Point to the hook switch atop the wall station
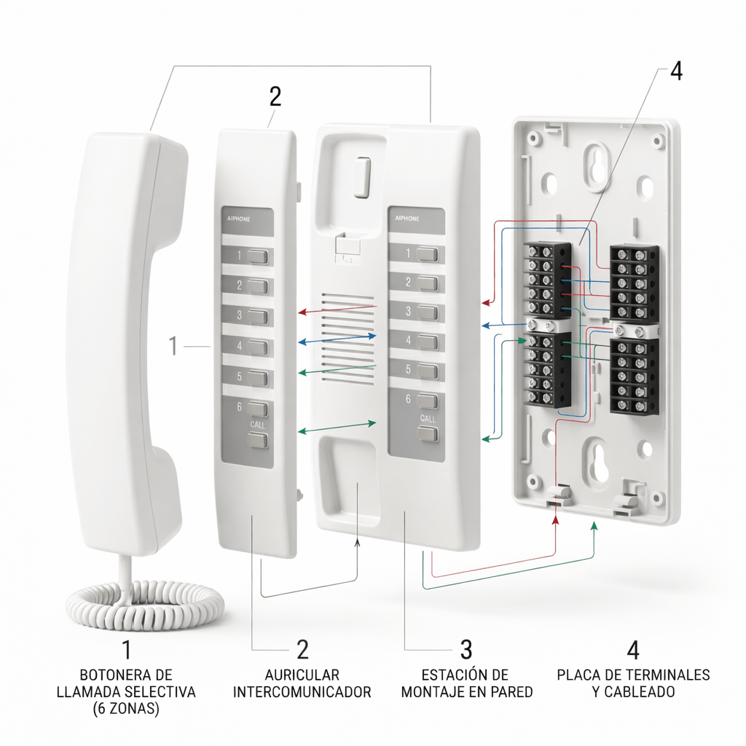[360, 178]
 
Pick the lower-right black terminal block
[633, 376]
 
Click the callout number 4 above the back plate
[676, 72]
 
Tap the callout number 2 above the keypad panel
[275, 96]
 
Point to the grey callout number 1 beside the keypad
[173, 345]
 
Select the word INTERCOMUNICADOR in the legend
[302, 691]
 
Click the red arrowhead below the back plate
[556, 519]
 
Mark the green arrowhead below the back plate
[594, 525]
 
